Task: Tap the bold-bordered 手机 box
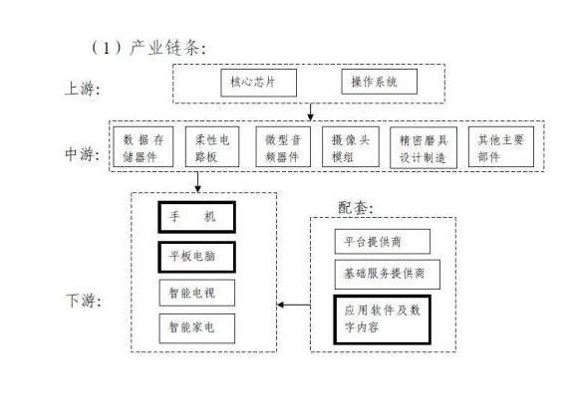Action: click(197, 217)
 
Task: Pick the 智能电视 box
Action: click(197, 293)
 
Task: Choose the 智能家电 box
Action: click(197, 327)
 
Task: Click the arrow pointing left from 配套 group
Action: click(292, 304)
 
